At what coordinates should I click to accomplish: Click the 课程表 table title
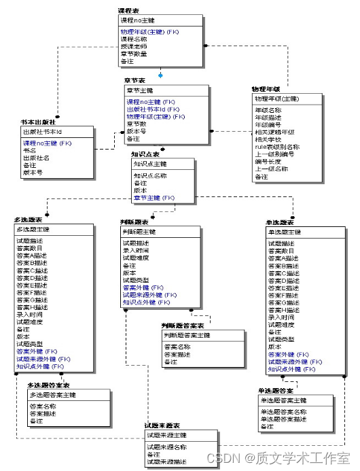click(x=128, y=12)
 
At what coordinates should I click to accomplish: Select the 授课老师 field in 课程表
click(x=133, y=46)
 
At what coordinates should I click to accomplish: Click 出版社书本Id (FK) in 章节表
click(x=153, y=109)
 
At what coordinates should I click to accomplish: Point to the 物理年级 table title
click(x=266, y=89)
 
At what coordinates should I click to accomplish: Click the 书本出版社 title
click(x=38, y=122)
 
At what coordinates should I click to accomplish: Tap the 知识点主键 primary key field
click(x=149, y=164)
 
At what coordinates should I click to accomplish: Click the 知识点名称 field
click(x=150, y=175)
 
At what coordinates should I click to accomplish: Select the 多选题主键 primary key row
click(x=33, y=230)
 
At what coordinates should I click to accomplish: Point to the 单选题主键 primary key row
click(x=286, y=232)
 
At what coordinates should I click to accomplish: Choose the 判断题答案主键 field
click(x=187, y=335)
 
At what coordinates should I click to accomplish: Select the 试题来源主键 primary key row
click(x=167, y=435)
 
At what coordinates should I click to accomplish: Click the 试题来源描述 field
click(x=167, y=462)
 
